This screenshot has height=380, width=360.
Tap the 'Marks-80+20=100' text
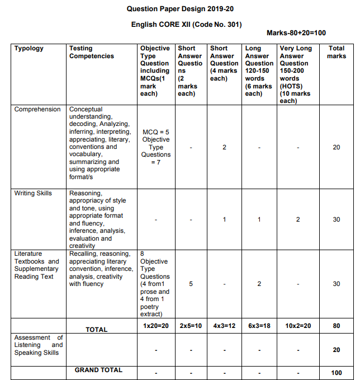(x=296, y=33)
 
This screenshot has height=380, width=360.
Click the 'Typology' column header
(x=29, y=49)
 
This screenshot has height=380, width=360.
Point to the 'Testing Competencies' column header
(x=92, y=52)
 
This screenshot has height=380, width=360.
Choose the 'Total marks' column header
(x=337, y=52)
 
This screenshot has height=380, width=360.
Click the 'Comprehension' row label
(x=37, y=109)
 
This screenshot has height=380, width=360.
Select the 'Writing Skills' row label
(x=33, y=193)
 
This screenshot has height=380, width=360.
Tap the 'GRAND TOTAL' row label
(x=98, y=370)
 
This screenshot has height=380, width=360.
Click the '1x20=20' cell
(x=155, y=325)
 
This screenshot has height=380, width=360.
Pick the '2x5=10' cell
(x=191, y=325)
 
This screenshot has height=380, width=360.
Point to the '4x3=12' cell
(x=224, y=325)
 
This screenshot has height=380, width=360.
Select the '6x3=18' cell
(x=259, y=325)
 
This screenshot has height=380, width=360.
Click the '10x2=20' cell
(x=298, y=325)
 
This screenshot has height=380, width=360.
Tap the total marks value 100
(x=337, y=373)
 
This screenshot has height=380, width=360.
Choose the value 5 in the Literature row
(x=191, y=284)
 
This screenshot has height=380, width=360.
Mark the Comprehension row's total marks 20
(x=337, y=147)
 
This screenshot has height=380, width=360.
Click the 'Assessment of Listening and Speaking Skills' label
(x=39, y=345)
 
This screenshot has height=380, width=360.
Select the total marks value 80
(x=337, y=325)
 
